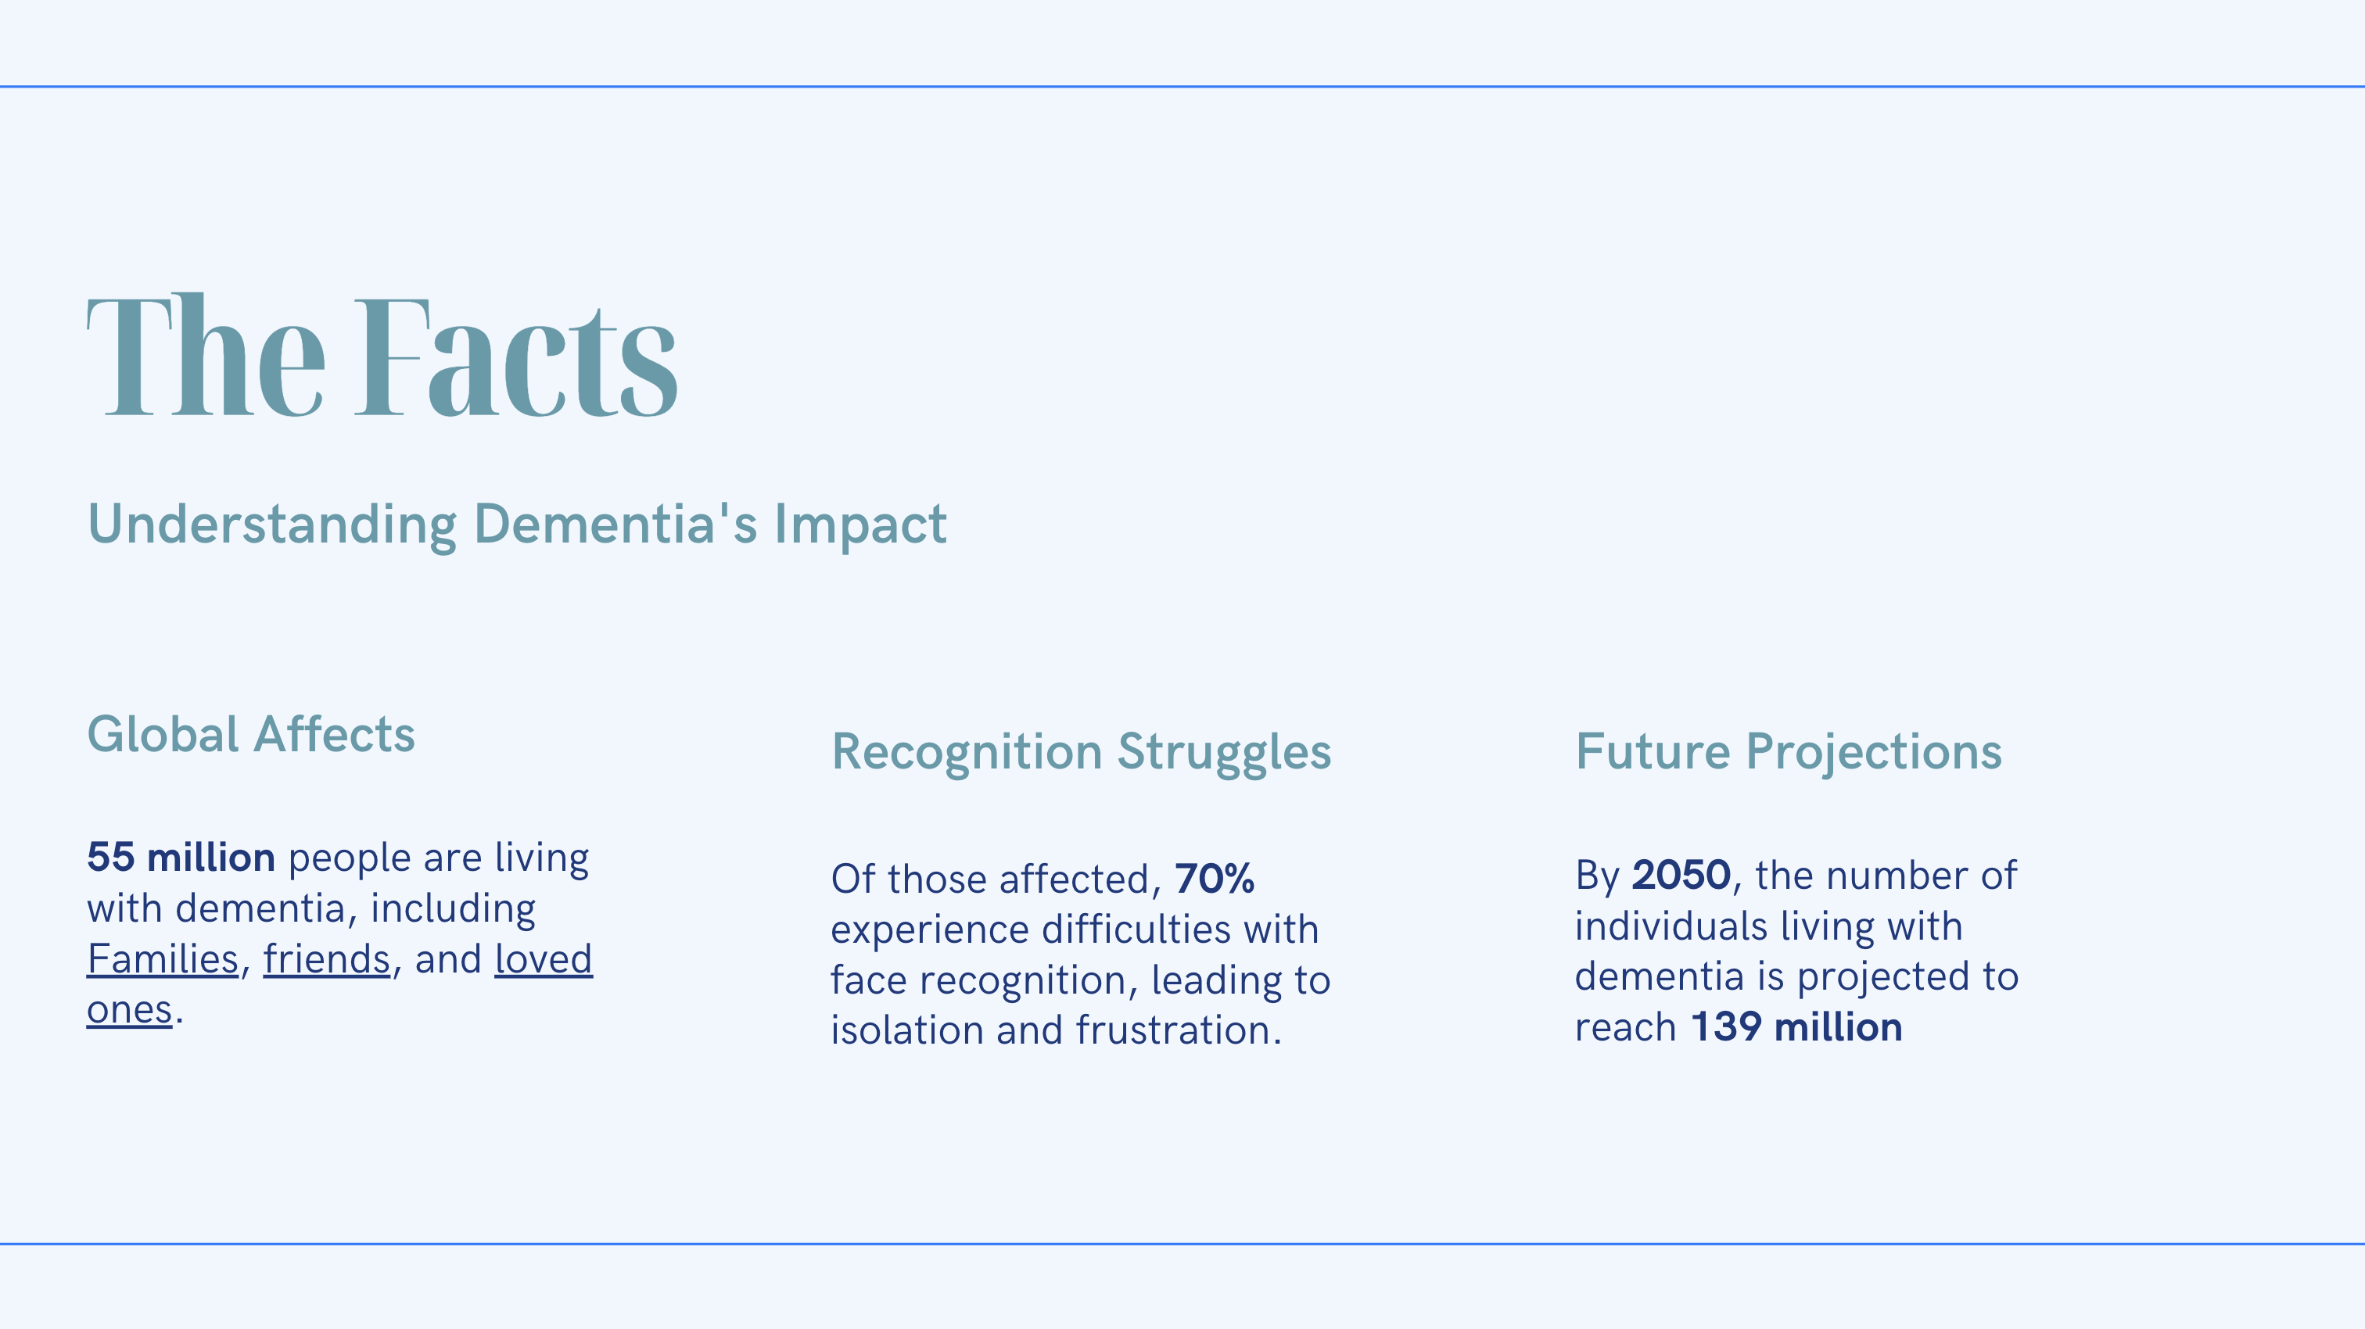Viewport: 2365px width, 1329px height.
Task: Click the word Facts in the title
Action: click(517, 357)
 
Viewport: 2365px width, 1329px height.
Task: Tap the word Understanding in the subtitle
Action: click(271, 525)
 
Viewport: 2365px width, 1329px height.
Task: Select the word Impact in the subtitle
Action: click(860, 526)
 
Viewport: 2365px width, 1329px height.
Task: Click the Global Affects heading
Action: click(250, 734)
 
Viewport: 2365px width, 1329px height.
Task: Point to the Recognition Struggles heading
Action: click(1081, 752)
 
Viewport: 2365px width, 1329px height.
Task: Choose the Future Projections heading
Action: click(1789, 752)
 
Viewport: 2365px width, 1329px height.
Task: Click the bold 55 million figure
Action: click(181, 858)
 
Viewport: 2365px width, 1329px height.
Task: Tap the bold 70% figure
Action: click(1215, 879)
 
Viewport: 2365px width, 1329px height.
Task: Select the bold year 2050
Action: click(1681, 875)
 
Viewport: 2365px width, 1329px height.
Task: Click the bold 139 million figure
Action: click(1796, 1027)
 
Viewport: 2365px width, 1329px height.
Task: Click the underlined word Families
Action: click(163, 959)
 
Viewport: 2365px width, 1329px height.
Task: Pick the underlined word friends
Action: click(327, 959)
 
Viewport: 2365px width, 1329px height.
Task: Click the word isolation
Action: click(907, 1030)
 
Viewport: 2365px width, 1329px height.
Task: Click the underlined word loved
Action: click(544, 959)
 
